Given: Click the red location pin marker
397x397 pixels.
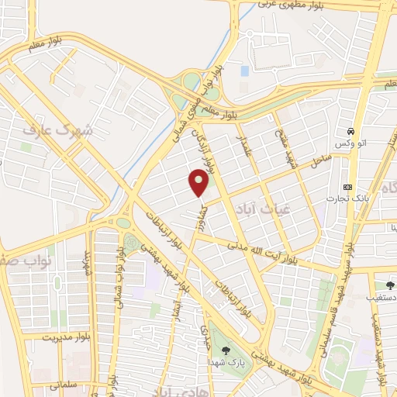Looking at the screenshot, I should tap(199, 183).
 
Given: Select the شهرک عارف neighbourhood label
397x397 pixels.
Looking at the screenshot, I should tap(57, 131).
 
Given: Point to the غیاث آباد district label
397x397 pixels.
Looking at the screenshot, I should tap(253, 206).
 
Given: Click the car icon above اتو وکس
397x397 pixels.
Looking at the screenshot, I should tap(352, 131).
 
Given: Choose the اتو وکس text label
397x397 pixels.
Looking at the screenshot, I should tap(350, 145).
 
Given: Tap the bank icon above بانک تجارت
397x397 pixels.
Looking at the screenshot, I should tap(347, 188).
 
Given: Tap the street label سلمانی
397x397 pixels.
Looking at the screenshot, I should tap(66, 383).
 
